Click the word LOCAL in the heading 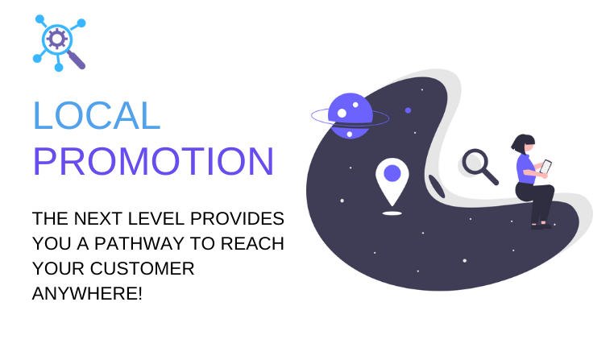(x=97, y=115)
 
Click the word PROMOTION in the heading (x=153, y=161)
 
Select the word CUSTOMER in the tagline (x=142, y=268)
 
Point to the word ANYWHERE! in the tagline (x=87, y=293)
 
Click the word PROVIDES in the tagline (x=237, y=218)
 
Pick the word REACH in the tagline (x=252, y=243)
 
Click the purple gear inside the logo (x=57, y=39)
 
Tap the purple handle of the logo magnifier (x=77, y=60)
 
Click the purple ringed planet (x=350, y=116)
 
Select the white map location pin (x=392, y=181)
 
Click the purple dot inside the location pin (x=392, y=173)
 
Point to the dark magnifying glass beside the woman (x=480, y=167)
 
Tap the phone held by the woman (x=546, y=167)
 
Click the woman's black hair (x=522, y=143)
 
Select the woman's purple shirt (x=526, y=169)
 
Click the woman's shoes (x=541, y=226)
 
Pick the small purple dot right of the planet (x=408, y=111)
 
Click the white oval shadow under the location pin (x=392, y=213)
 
